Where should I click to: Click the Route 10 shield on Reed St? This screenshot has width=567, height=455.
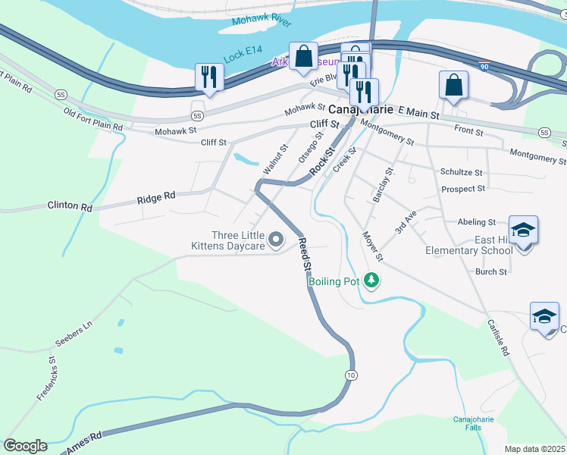pyautogui.click(x=349, y=375)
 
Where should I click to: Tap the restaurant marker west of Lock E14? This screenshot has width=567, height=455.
pyautogui.click(x=207, y=77)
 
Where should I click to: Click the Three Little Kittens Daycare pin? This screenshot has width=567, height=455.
pyautogui.click(x=276, y=241)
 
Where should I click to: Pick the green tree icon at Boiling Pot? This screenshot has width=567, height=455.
pyautogui.click(x=371, y=281)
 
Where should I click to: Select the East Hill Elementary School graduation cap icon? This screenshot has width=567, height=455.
pyautogui.click(x=523, y=230)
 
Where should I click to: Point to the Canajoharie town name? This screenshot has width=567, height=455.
pyautogui.click(x=360, y=109)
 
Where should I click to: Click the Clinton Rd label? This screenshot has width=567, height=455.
pyautogui.click(x=70, y=206)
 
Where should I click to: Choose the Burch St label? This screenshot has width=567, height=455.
pyautogui.click(x=491, y=271)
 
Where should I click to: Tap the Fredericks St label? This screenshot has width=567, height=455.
pyautogui.click(x=48, y=378)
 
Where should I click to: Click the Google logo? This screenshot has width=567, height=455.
pyautogui.click(x=25, y=445)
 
